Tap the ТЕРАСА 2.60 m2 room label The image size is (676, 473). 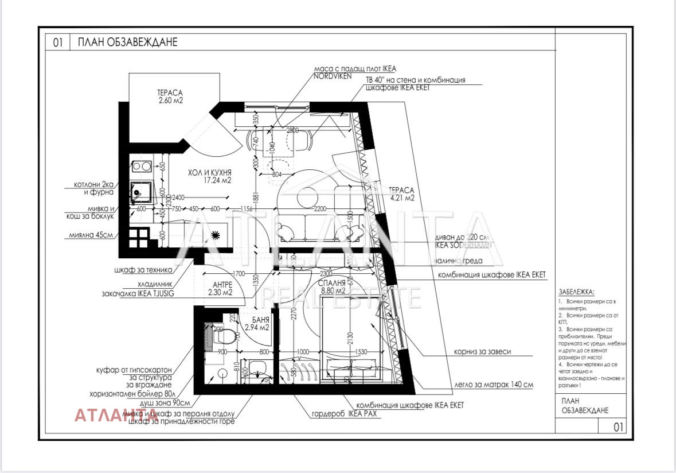(170, 96)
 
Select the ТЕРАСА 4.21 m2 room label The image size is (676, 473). (401, 194)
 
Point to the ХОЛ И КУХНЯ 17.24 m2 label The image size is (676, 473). (209, 176)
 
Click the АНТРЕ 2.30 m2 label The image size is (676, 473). (222, 288)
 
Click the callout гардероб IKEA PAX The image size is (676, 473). (343, 414)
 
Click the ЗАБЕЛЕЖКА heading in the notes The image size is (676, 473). (576, 292)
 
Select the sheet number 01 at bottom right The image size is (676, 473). (618, 427)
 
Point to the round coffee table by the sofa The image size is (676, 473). (310, 197)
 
